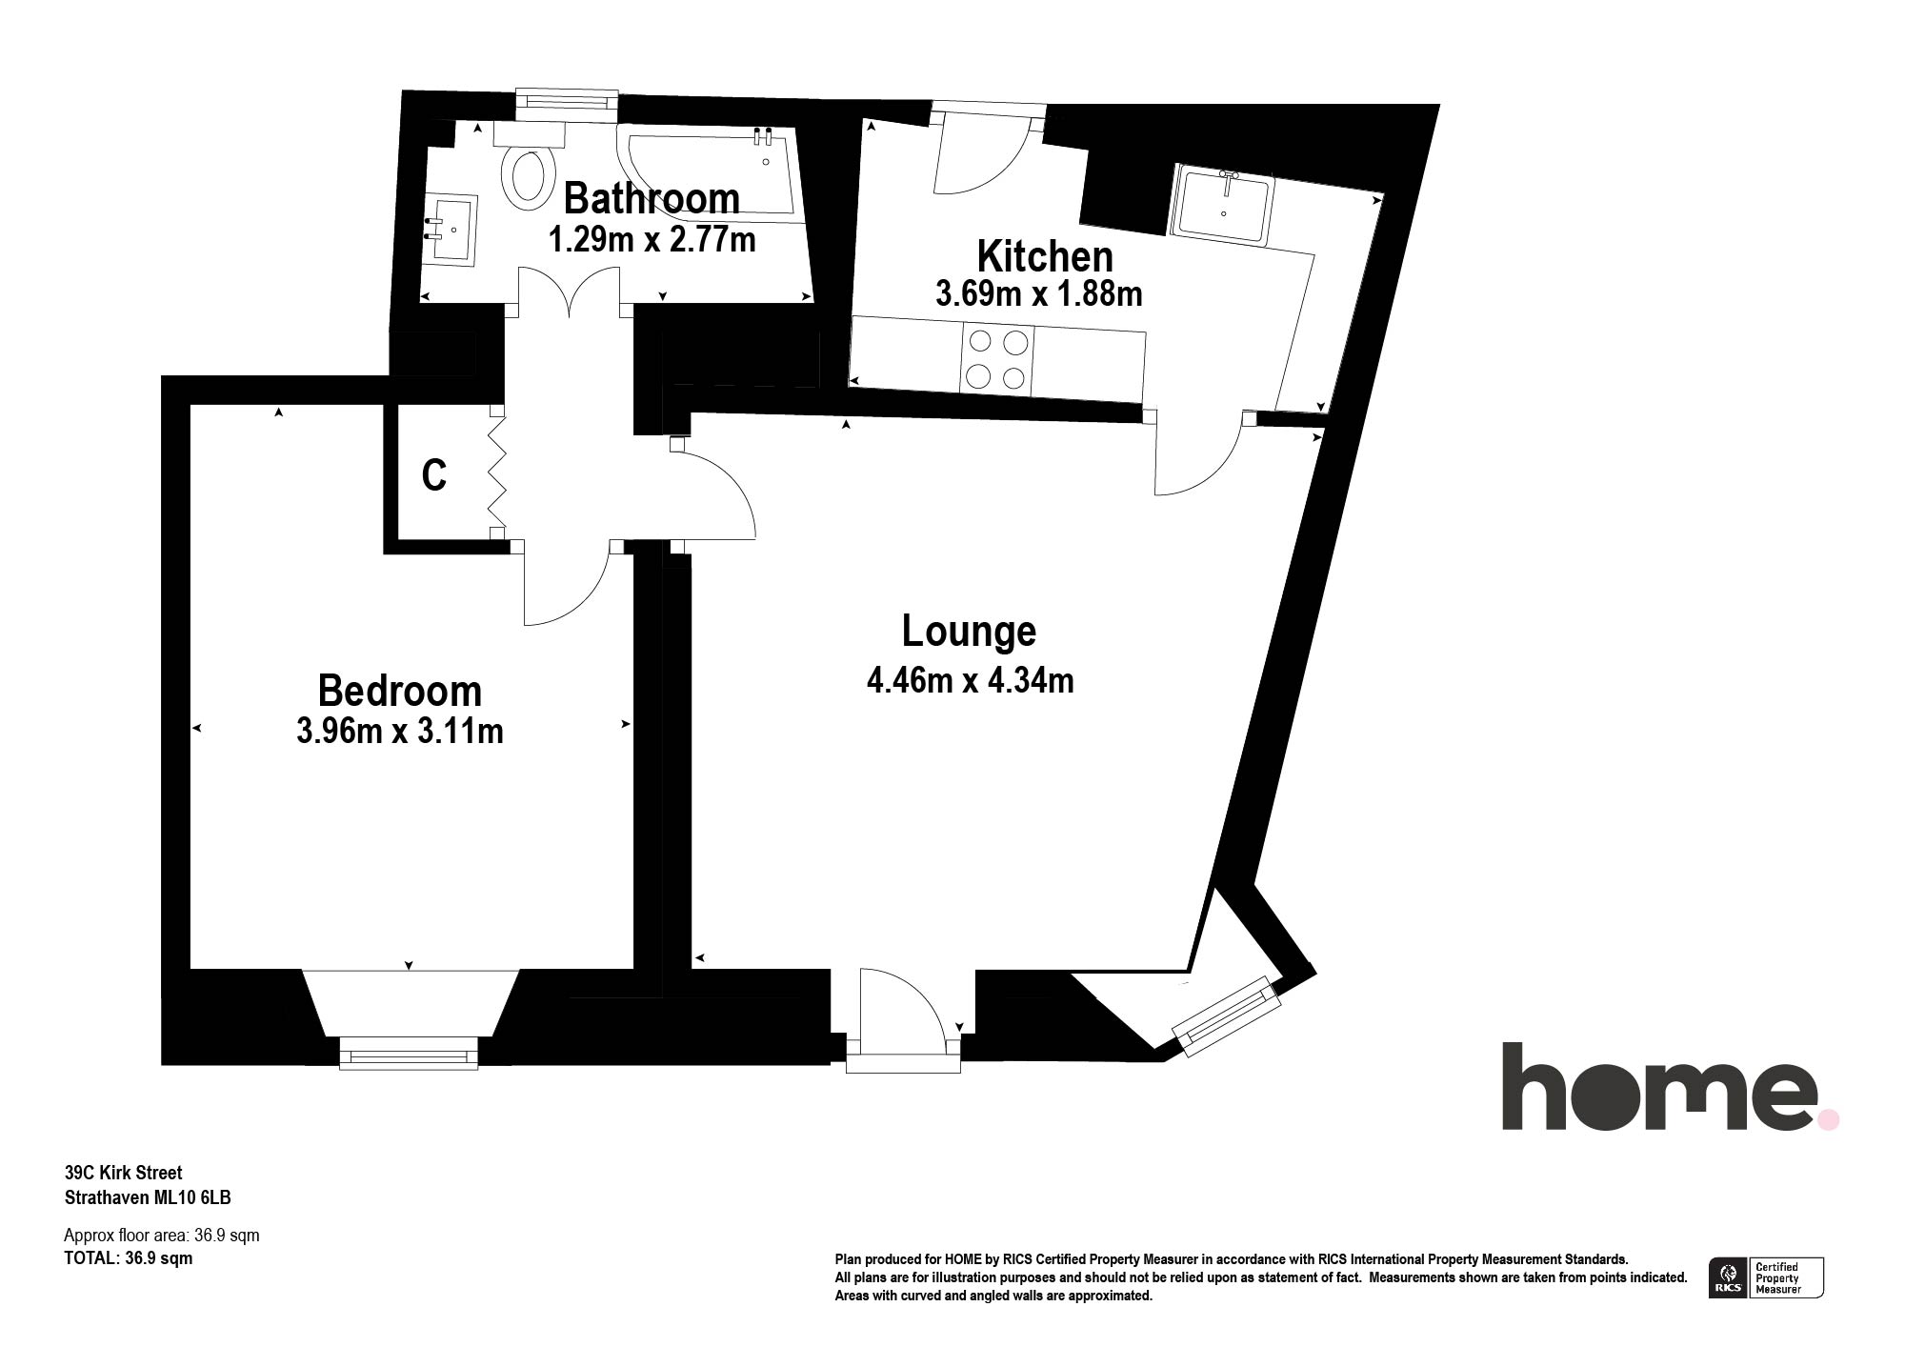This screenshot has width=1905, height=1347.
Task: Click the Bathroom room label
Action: [x=652, y=198]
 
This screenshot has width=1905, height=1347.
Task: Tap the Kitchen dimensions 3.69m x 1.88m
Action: [x=1038, y=293]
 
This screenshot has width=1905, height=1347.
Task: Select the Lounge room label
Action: [x=969, y=631]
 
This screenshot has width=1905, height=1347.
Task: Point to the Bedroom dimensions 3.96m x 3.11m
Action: [x=400, y=732]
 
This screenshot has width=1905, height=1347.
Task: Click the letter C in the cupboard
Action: [x=434, y=475]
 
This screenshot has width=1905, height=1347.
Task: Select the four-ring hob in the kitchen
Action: [x=997, y=359]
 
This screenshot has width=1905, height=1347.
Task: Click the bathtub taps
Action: [x=762, y=136]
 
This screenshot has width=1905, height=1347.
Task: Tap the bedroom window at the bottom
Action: [x=409, y=1054]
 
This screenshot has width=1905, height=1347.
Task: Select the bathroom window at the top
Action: [x=567, y=104]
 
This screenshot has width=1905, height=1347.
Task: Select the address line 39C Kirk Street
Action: [x=123, y=1173]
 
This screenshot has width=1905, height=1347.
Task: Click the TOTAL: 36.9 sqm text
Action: [x=128, y=1258]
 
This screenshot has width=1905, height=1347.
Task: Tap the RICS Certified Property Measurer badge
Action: [x=1767, y=1277]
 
